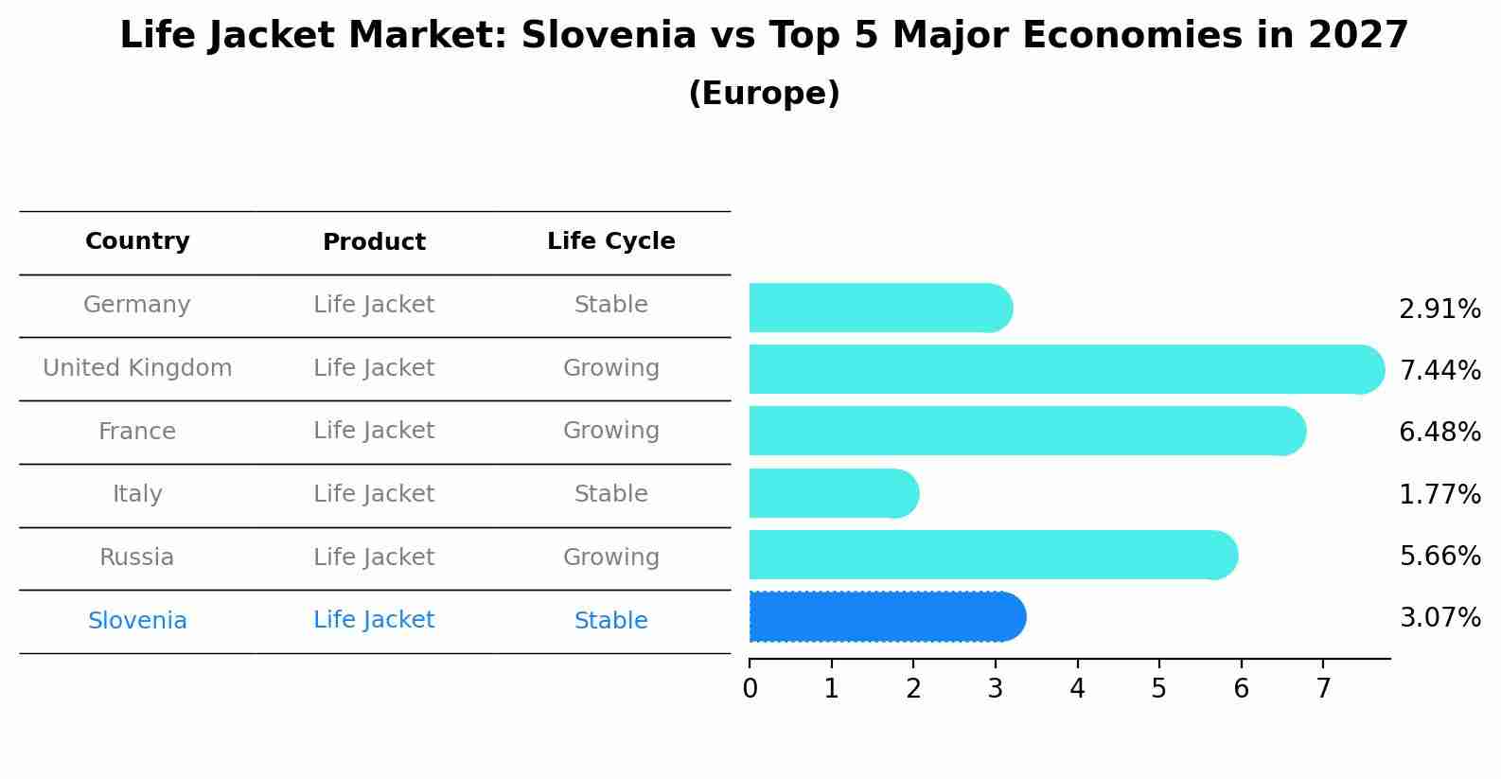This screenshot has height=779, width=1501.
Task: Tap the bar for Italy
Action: (833, 493)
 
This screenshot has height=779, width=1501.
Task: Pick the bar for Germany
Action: (880, 308)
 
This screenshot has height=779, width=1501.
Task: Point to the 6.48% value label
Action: (1439, 433)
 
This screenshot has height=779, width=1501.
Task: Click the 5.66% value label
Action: (1439, 557)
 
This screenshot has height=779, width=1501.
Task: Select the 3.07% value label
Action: (1439, 618)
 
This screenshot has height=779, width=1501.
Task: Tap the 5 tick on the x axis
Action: (1158, 689)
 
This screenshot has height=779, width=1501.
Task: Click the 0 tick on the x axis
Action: (750, 689)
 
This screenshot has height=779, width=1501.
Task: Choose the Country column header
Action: (137, 241)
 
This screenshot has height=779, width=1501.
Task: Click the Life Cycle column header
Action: (610, 241)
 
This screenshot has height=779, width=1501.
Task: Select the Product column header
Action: (374, 242)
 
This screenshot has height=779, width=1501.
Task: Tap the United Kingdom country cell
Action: (137, 368)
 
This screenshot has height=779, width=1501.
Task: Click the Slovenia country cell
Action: (137, 621)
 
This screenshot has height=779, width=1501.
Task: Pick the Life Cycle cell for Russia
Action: (610, 558)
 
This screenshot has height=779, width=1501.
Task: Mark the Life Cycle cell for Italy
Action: (610, 494)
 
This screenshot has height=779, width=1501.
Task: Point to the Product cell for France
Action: (374, 431)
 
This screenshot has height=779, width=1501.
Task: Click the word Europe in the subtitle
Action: (764, 94)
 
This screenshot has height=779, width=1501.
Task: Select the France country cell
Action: (137, 432)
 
